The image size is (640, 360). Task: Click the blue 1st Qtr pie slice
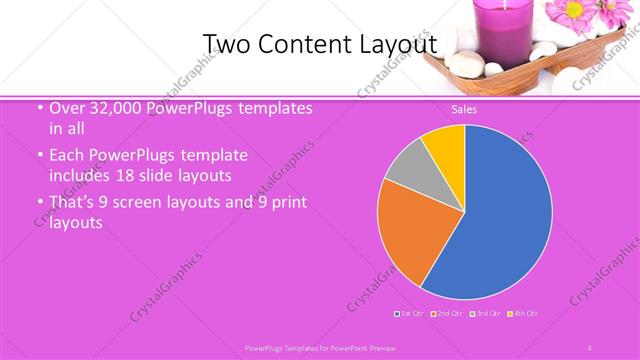click(x=500, y=215)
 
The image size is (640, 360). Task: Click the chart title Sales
click(x=463, y=109)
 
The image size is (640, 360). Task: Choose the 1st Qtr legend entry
click(x=411, y=314)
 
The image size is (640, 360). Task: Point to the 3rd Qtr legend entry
click(x=485, y=314)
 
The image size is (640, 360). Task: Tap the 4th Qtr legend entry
click(x=523, y=314)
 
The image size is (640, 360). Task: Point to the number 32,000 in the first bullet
click(x=113, y=109)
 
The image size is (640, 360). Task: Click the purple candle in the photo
click(x=460, y=20)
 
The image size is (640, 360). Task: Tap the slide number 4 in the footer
click(x=590, y=346)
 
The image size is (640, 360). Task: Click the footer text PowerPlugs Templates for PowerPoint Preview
click(x=320, y=346)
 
